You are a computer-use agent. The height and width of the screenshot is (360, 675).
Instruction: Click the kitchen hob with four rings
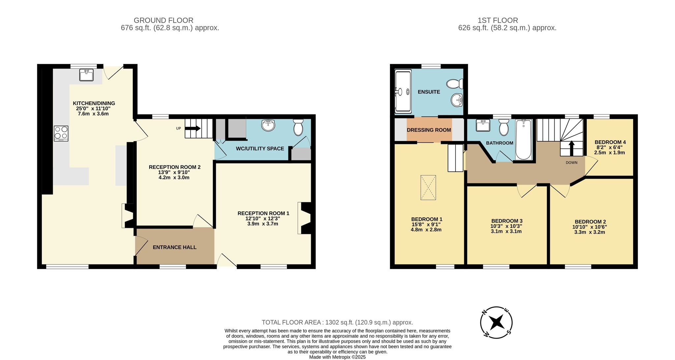point(61,133)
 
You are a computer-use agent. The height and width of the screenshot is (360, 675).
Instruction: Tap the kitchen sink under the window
point(86,75)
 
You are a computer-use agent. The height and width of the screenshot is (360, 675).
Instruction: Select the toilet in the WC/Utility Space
point(298,127)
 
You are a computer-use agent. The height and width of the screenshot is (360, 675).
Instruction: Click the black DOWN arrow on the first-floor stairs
point(572,149)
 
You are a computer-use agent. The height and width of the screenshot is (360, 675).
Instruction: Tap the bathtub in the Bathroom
point(523,140)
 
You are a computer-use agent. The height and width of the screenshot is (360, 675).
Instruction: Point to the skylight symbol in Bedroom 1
point(428,187)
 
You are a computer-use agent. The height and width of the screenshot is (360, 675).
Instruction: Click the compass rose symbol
point(496,322)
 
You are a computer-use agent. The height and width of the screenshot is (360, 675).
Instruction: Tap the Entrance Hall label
point(175,247)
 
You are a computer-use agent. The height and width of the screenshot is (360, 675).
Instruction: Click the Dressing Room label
point(429,130)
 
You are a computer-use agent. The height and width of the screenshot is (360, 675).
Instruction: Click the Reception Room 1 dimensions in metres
point(263,224)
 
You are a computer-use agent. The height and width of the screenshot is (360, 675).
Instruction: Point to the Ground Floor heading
point(163,20)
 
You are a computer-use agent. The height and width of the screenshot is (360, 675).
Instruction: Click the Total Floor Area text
point(337,322)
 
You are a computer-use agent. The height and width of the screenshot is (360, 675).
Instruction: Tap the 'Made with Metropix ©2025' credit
point(337,357)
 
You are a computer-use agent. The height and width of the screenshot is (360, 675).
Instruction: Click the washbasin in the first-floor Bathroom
point(483,125)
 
